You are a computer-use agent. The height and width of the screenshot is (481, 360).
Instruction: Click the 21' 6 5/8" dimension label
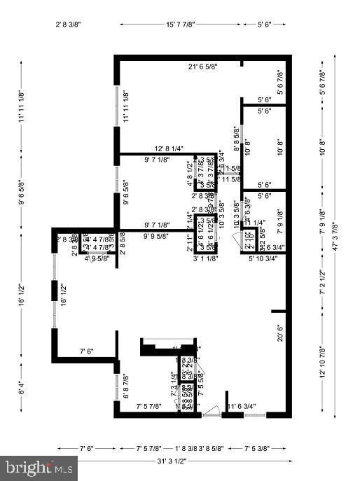(203, 67)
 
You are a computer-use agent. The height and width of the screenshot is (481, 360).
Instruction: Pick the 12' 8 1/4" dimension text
(169, 148)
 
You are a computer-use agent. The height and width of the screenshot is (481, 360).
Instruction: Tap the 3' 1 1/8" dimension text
(206, 258)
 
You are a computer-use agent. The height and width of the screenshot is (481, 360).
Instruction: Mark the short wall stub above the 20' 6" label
(279, 311)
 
